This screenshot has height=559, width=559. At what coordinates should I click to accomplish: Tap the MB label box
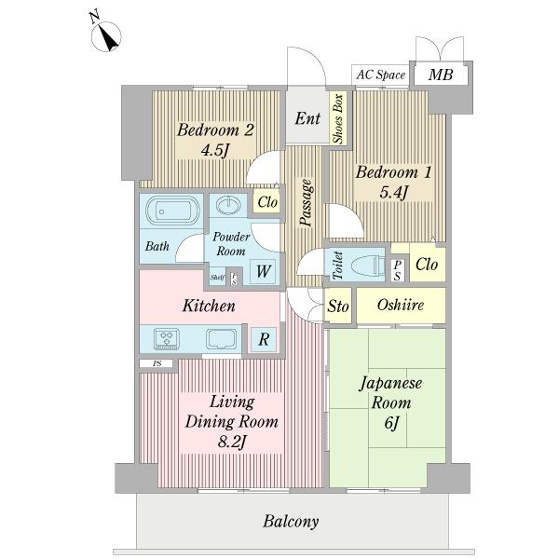pyautogui.click(x=441, y=75)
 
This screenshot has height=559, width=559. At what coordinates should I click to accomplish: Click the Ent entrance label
pyautogui.click(x=307, y=118)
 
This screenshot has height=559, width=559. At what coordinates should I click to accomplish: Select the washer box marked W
pyautogui.click(x=264, y=271)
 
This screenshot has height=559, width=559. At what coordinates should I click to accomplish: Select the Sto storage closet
pyautogui.click(x=338, y=307)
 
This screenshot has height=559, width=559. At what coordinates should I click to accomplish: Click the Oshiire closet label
pyautogui.click(x=401, y=306)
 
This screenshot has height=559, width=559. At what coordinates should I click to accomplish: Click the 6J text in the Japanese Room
pyautogui.click(x=391, y=424)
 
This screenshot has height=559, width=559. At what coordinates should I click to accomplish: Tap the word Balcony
pyautogui.click(x=291, y=522)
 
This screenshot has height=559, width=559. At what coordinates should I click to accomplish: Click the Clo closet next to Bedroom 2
pyautogui.click(x=267, y=202)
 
